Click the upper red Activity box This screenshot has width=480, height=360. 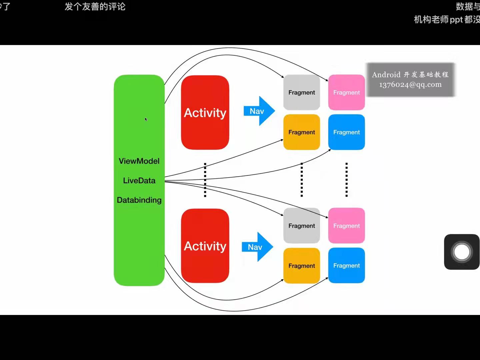pos(205,112)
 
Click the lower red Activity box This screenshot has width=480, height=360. pos(205,246)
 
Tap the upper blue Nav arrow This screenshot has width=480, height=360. pos(259,111)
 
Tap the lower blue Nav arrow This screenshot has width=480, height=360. pos(257,247)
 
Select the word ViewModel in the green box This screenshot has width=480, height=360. pos(139,161)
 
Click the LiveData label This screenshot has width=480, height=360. pos(139,181)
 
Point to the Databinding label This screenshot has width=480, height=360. pos(139,200)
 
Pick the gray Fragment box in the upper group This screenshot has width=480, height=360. pos(301,92)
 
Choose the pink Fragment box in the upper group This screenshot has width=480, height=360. pos(346,92)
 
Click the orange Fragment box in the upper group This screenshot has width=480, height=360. pos(301,132)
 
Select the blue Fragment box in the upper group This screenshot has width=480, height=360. pos(346,132)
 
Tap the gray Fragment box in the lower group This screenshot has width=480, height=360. pos(301,226)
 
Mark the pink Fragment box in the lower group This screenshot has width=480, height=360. pos(346,226)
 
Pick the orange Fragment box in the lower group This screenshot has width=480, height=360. pos(301,266)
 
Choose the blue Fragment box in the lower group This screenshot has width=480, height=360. pos(346,265)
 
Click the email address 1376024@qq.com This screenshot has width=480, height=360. pos(410,85)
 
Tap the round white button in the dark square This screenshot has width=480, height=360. pos(462,252)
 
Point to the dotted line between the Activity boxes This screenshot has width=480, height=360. pos(205,180)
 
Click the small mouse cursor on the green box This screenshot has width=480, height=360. pos(146,119)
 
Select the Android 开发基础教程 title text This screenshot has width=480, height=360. pos(410,75)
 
